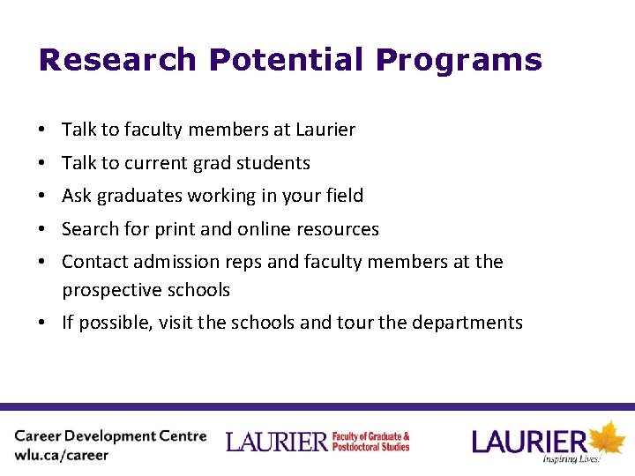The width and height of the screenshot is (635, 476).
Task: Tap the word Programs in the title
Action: (x=459, y=60)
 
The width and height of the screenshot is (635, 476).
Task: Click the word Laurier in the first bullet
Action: (x=325, y=130)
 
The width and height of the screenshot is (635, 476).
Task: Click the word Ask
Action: (x=77, y=196)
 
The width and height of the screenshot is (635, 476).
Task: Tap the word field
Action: (x=343, y=196)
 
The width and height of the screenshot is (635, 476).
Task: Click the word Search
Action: (x=90, y=229)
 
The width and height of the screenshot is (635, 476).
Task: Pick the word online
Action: (x=264, y=229)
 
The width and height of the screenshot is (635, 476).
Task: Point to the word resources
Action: (x=339, y=229)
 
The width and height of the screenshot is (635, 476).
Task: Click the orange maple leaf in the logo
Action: (x=607, y=438)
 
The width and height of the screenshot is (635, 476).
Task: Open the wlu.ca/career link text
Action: (x=62, y=456)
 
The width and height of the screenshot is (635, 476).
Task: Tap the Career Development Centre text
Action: (x=110, y=436)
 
